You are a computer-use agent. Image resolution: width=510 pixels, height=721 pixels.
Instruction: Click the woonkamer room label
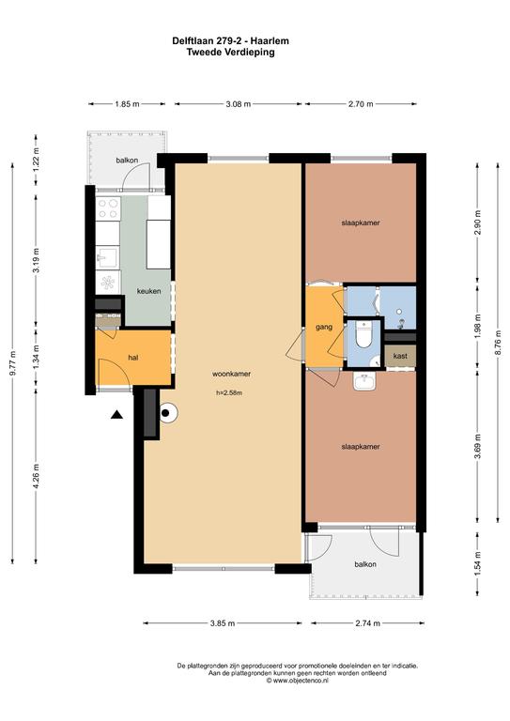pos(231,374)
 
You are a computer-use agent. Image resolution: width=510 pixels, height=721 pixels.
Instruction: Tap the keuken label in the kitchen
pos(149,291)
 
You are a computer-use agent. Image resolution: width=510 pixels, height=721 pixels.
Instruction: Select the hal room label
pos(133,358)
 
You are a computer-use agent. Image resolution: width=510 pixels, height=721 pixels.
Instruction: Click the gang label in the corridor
pos(324,328)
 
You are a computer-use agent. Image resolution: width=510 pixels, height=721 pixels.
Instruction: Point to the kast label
pos(400,356)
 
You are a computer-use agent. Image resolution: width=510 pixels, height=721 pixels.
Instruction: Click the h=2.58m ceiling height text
pos(229,393)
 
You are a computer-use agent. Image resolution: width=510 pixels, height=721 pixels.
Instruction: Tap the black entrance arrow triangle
pos(116,414)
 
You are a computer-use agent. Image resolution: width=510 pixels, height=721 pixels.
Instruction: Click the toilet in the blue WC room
pos(363,334)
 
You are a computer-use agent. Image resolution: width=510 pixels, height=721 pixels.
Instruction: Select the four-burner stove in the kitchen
pos(108,208)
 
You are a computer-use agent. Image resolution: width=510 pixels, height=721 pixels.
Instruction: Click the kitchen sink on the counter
pos(108,257)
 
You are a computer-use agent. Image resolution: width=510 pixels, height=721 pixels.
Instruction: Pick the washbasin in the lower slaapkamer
pos(364,381)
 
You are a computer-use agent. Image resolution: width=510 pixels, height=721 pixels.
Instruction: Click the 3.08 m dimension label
pos(239,104)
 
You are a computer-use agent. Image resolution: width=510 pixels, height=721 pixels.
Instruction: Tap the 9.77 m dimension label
pos(13,363)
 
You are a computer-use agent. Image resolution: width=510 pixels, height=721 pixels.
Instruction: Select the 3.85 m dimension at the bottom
pos(223,623)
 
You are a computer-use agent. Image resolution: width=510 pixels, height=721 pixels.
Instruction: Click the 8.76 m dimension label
pos(499,343)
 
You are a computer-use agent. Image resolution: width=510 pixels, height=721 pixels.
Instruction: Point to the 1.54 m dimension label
pos(478,563)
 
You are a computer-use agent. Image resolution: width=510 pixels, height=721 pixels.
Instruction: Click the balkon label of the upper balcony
pos(127,161)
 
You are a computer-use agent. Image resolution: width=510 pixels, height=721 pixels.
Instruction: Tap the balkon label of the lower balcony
pos(365,564)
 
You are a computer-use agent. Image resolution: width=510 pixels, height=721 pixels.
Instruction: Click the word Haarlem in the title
pos(273,41)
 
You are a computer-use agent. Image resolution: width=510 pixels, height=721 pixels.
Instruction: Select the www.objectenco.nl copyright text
pos(297,681)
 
